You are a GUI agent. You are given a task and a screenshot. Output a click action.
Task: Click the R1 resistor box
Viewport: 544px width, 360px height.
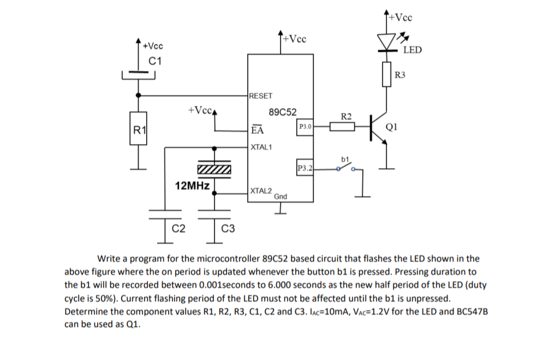point(139,130)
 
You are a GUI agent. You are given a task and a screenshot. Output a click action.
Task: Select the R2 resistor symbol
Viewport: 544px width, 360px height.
point(343,127)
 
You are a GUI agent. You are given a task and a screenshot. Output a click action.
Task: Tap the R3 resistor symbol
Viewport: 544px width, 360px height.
point(388,74)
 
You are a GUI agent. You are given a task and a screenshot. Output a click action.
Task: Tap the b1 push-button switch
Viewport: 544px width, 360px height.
point(346,168)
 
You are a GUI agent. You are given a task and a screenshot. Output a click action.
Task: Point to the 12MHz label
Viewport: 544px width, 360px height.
point(192,186)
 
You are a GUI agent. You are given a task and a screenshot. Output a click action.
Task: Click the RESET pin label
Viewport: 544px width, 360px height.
point(260,95)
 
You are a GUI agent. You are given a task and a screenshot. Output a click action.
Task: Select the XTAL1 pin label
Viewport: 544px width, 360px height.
point(261,147)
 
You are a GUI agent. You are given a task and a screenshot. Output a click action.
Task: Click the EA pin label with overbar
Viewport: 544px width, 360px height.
point(257,130)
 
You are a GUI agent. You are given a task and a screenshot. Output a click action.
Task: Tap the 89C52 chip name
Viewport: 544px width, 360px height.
point(283,112)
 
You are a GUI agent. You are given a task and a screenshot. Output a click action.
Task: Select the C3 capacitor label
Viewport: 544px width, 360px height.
point(228,228)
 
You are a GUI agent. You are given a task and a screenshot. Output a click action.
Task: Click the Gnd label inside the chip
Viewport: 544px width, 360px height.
point(280,196)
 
